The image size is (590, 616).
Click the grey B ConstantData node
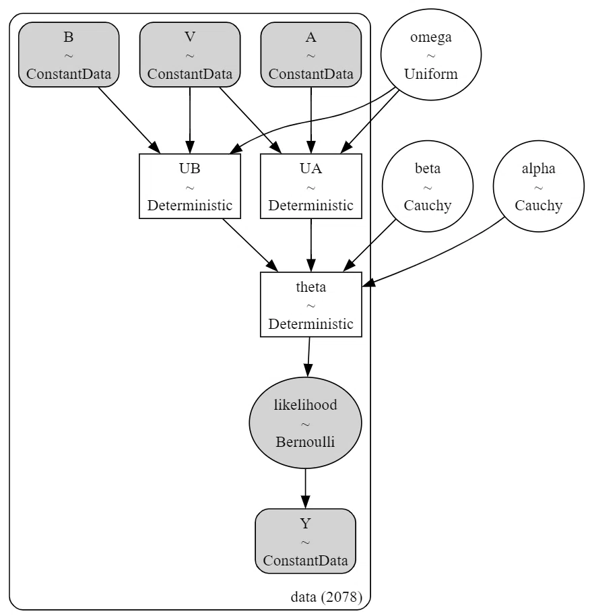[x=69, y=55]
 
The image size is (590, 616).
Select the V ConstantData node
[x=190, y=55]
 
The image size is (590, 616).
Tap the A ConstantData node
[x=311, y=55]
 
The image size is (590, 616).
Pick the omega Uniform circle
[x=431, y=55]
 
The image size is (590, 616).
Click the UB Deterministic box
[x=190, y=186]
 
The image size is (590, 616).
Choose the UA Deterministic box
[x=311, y=186]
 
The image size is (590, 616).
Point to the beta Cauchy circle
[x=428, y=186]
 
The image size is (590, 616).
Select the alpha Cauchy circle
[x=539, y=186]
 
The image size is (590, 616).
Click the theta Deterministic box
[x=311, y=305]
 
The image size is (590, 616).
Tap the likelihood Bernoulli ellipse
[x=305, y=423]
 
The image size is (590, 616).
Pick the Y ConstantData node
[x=305, y=541]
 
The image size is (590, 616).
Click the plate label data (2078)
[x=326, y=596]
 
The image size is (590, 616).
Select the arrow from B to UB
[x=129, y=120]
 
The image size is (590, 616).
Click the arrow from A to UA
[x=311, y=120]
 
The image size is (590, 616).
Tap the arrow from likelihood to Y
[x=305, y=489]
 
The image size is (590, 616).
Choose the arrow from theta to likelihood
[x=308, y=357]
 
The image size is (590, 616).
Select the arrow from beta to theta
[x=369, y=245]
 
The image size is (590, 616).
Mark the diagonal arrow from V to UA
[x=251, y=120]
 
